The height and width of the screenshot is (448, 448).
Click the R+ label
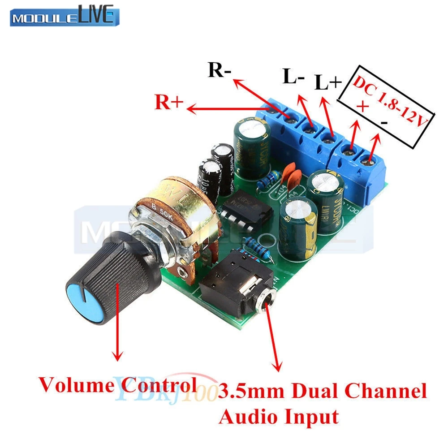pyautogui.click(x=169, y=103)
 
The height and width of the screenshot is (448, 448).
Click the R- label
pyautogui.click(x=220, y=71)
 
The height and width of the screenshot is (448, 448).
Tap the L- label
pyautogui.click(x=294, y=77)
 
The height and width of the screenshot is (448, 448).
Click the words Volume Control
pyautogui.click(x=117, y=384)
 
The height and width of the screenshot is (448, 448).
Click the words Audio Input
pyautogui.click(x=278, y=417)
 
